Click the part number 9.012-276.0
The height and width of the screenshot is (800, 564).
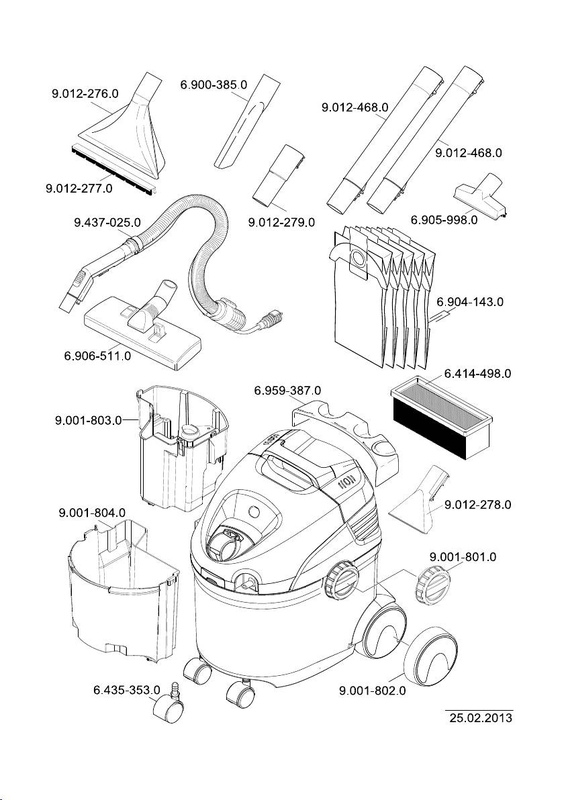tap(85, 95)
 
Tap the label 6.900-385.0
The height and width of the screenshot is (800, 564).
tap(214, 85)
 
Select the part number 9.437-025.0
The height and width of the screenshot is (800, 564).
tap(107, 221)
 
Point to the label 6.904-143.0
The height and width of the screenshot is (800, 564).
tap(470, 303)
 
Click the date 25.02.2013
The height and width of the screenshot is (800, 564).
tap(480, 718)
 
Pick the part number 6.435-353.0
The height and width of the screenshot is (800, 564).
tap(126, 689)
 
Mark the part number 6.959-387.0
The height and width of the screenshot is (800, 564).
tap(287, 390)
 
